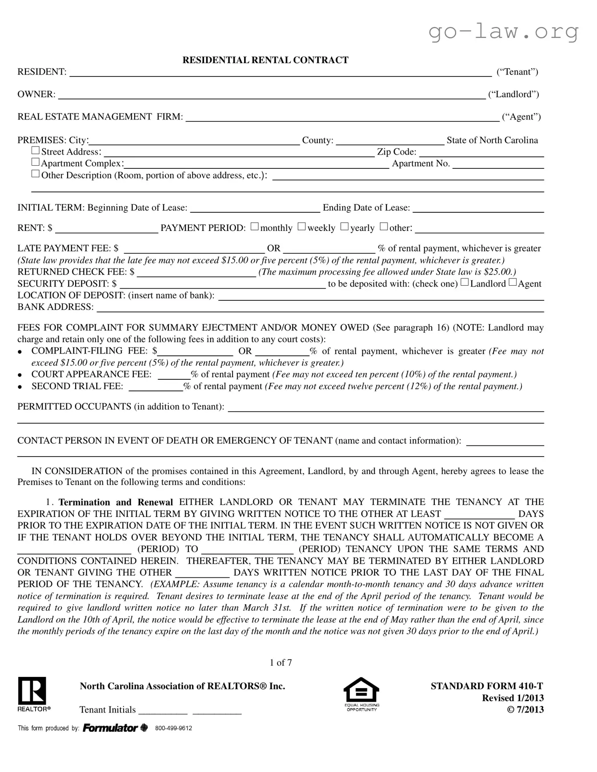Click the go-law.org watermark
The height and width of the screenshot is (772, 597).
pyautogui.click(x=504, y=32)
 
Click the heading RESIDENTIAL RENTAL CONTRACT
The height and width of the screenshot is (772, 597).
pyautogui.click(x=265, y=60)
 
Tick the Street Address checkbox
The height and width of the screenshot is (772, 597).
pyautogui.click(x=36, y=151)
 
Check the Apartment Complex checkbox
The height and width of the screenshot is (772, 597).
pyautogui.click(x=36, y=163)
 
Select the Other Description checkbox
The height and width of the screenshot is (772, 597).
pyautogui.click(x=36, y=174)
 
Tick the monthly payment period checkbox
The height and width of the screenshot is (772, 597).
pyautogui.click(x=255, y=227)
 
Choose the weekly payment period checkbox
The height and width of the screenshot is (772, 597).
pyautogui.click(x=302, y=227)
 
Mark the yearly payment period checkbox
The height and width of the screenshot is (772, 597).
pyautogui.click(x=345, y=227)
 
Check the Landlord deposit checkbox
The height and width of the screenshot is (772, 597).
pyautogui.click(x=465, y=282)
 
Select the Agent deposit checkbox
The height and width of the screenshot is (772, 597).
pyautogui.click(x=513, y=282)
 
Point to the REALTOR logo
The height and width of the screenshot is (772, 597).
pyautogui.click(x=32, y=694)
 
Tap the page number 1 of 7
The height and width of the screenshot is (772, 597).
pyautogui.click(x=280, y=663)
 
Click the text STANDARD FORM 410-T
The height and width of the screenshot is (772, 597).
pyautogui.click(x=487, y=686)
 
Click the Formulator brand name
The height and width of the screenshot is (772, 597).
pyautogui.click(x=110, y=728)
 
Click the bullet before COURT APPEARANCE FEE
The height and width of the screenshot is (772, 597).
pyautogui.click(x=20, y=375)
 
